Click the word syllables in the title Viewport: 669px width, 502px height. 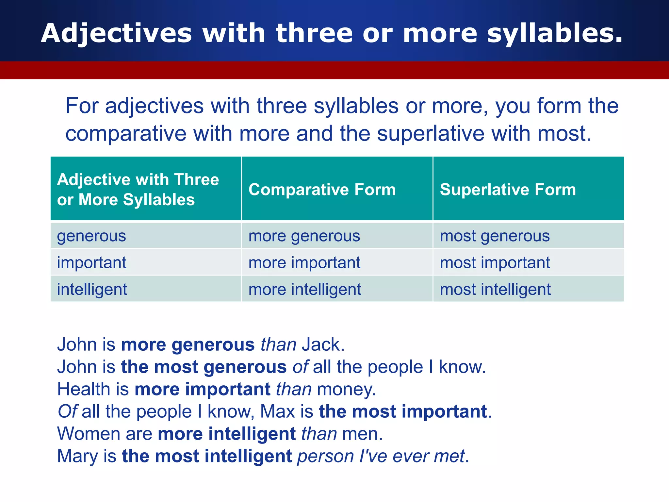pyautogui.click(x=554, y=34)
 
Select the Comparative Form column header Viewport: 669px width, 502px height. pyautogui.click(x=322, y=190)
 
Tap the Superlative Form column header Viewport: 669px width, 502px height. pyautogui.click(x=508, y=190)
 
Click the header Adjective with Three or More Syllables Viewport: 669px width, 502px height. pyautogui.click(x=138, y=190)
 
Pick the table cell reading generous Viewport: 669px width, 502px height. pyautogui.click(x=91, y=236)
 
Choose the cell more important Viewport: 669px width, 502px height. pyautogui.click(x=304, y=263)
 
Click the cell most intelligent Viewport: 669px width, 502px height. pyautogui.click(x=495, y=290)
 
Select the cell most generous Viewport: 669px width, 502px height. pyautogui.click(x=495, y=236)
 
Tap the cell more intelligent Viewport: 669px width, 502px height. pyautogui.click(x=304, y=290)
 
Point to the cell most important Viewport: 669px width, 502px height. pyautogui.click(x=495, y=263)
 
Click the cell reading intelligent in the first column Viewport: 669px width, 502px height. pyautogui.click(x=92, y=290)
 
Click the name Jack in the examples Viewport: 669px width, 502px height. pyautogui.click(x=323, y=344)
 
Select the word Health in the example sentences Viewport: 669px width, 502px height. pyautogui.click(x=84, y=389)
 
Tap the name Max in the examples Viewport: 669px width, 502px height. pyautogui.click(x=278, y=411)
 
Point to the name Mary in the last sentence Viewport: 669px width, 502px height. pyautogui.click(x=77, y=456)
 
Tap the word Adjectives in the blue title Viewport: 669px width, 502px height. pyautogui.click(x=116, y=34)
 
